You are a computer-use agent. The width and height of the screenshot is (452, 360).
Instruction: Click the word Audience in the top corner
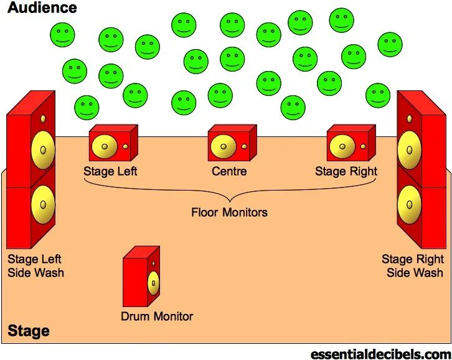point(42,8)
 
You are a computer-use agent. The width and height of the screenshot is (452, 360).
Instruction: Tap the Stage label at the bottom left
point(29,331)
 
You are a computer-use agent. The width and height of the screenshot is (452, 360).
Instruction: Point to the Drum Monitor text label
point(157,316)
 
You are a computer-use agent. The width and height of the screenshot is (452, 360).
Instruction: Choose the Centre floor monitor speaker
point(232,144)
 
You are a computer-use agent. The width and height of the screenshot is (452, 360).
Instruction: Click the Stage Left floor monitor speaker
point(113,144)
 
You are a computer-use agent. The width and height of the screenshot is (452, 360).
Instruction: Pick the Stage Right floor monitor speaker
point(351,144)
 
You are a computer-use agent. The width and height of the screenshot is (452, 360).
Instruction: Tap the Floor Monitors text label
point(229,212)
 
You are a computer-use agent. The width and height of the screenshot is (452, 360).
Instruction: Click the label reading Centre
point(229,171)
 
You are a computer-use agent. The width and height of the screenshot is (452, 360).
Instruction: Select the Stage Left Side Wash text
point(35,266)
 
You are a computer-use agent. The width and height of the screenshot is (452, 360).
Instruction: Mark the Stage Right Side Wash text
point(413,266)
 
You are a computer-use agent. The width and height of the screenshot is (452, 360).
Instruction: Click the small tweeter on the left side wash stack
point(43,118)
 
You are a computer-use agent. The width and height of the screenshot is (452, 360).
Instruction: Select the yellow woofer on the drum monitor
point(153,285)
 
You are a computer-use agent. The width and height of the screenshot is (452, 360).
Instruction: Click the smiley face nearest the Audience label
point(62,34)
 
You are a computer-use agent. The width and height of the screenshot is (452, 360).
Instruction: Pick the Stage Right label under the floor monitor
point(346,171)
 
